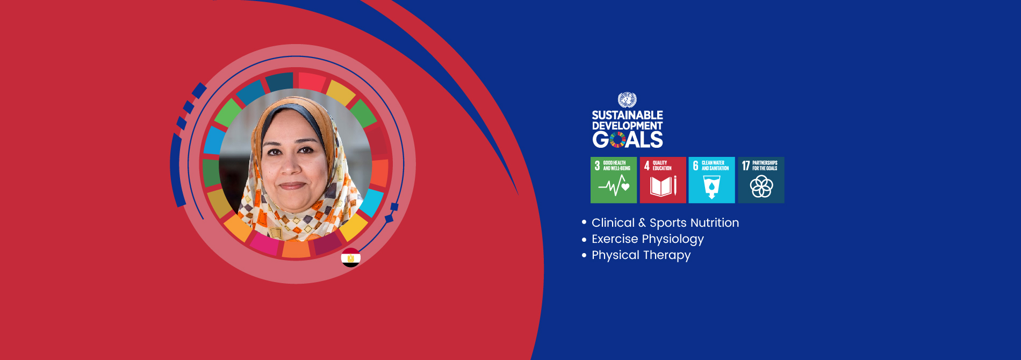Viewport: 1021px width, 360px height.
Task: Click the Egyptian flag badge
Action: pos(351,258)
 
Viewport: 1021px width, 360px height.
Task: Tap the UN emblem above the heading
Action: pos(627,100)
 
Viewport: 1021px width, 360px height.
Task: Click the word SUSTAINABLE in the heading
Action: pos(627,115)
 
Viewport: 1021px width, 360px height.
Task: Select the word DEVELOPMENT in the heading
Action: pos(627,126)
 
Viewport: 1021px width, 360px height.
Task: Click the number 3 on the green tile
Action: pos(597,165)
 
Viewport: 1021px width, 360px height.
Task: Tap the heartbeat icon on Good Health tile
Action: pos(614,187)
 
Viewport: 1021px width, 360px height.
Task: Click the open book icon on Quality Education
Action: pos(663,186)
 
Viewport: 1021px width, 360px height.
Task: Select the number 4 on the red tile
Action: pos(647,165)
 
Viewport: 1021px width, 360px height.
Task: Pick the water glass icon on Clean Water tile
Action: pos(711,187)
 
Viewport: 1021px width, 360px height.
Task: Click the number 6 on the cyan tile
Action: pos(695,165)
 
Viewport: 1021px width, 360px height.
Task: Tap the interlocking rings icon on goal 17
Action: pos(761,186)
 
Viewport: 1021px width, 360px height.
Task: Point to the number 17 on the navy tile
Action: pos(746,165)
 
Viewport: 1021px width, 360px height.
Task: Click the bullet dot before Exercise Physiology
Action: pos(584,239)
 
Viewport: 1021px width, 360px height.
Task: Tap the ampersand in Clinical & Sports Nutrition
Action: pos(642,222)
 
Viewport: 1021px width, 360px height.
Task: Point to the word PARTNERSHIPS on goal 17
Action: pos(765,163)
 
